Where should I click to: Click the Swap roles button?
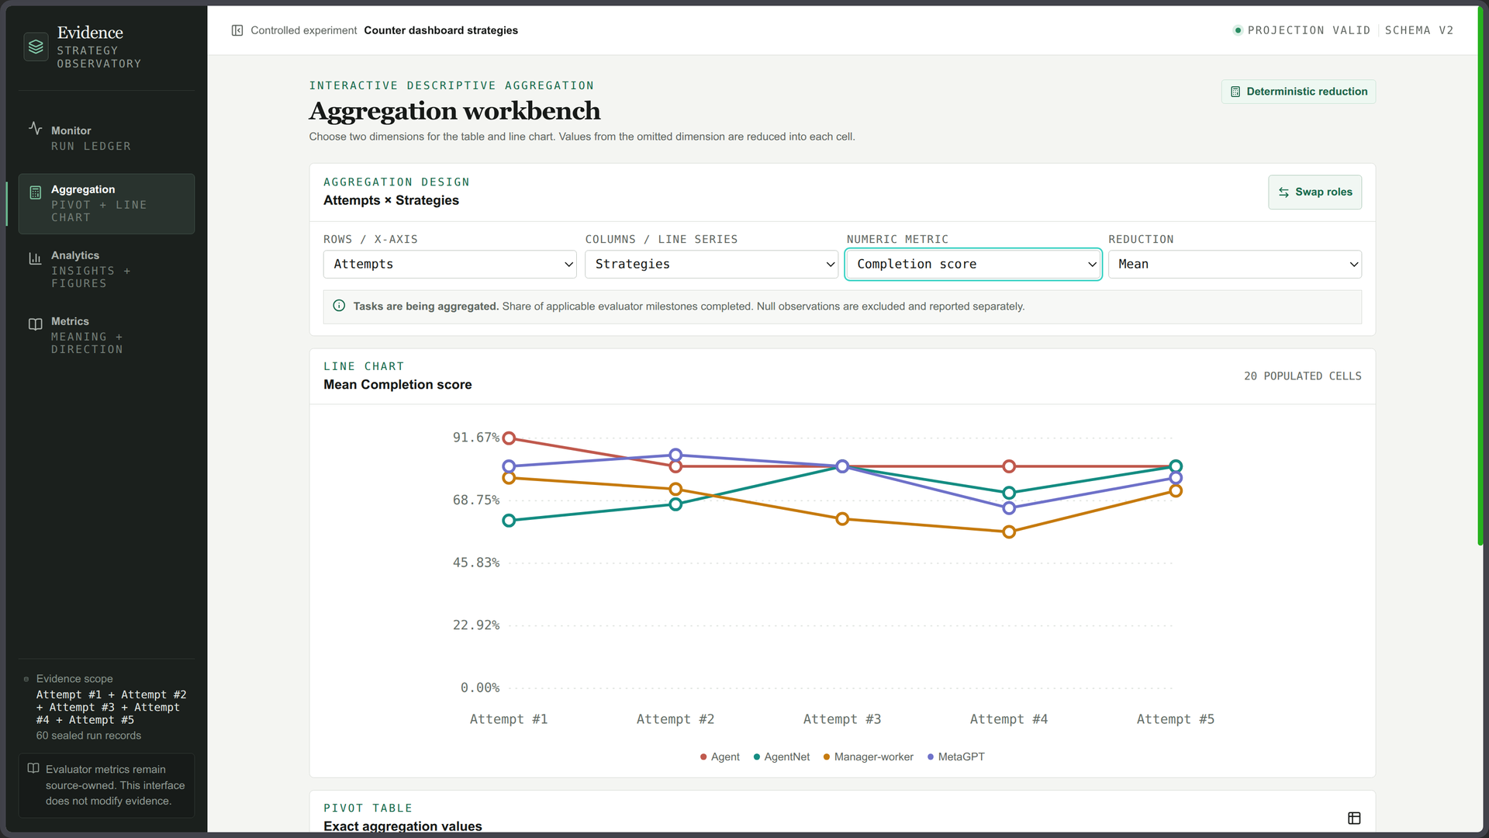[x=1315, y=192]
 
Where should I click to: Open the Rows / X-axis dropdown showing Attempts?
[x=450, y=265]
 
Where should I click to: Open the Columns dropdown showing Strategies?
[x=711, y=265]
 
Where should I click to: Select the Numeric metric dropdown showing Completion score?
[x=973, y=265]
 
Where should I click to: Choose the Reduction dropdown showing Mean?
[x=1235, y=265]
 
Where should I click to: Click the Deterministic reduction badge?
[x=1299, y=92]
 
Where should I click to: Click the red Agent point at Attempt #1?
[x=509, y=438]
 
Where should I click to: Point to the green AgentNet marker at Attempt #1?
[x=509, y=521]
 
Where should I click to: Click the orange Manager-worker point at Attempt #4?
[x=1009, y=532]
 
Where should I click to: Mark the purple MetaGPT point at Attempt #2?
[x=675, y=455]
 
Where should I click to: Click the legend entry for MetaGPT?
[x=956, y=757]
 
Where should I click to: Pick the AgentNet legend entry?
[x=782, y=757]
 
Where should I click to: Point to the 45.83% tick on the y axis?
[x=476, y=563]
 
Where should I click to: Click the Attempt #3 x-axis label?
[x=842, y=720]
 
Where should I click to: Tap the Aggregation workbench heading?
[x=454, y=112]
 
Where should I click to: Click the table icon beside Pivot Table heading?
[x=1354, y=819]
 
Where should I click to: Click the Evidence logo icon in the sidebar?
[x=36, y=47]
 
